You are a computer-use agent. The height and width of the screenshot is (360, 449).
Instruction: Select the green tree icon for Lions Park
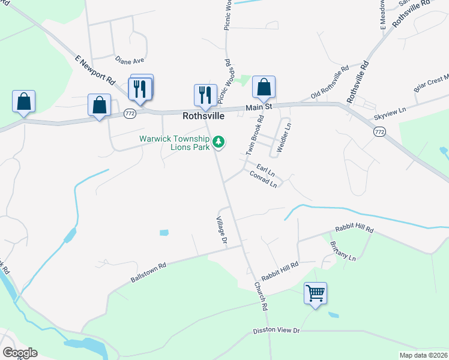(x=220, y=142)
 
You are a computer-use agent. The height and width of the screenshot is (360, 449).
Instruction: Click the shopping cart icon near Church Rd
(x=315, y=293)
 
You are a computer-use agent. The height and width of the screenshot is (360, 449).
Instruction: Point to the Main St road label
(x=259, y=107)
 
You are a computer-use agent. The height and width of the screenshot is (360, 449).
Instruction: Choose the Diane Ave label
(x=130, y=61)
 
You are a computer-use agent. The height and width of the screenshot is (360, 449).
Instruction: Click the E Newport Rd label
(x=95, y=70)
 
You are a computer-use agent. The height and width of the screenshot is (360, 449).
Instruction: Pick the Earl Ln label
(x=265, y=170)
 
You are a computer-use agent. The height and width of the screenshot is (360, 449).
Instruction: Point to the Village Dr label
(x=221, y=230)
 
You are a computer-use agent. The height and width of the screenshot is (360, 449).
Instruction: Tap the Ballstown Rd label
(x=147, y=272)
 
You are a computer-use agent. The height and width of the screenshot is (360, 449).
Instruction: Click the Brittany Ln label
(x=343, y=251)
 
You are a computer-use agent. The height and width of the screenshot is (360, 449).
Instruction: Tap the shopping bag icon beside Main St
(x=264, y=88)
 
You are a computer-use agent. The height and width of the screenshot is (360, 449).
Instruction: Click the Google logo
(x=20, y=353)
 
